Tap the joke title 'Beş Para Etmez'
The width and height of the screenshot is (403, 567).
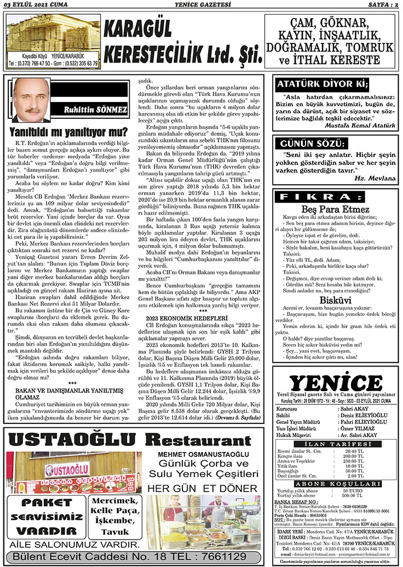(x=336, y=209)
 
